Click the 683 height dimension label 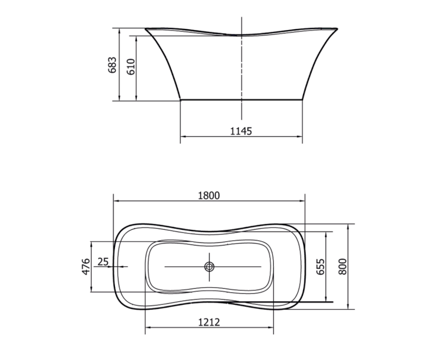pos(112,65)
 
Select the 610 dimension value pos(131,67)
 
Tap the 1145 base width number pos(241,131)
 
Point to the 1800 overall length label pos(209,195)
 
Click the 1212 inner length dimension pos(209,322)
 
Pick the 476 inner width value pos(86,266)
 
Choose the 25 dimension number pos(103,262)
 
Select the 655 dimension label pos(320,267)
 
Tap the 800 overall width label pos(342,267)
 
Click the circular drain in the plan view pos(209,267)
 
